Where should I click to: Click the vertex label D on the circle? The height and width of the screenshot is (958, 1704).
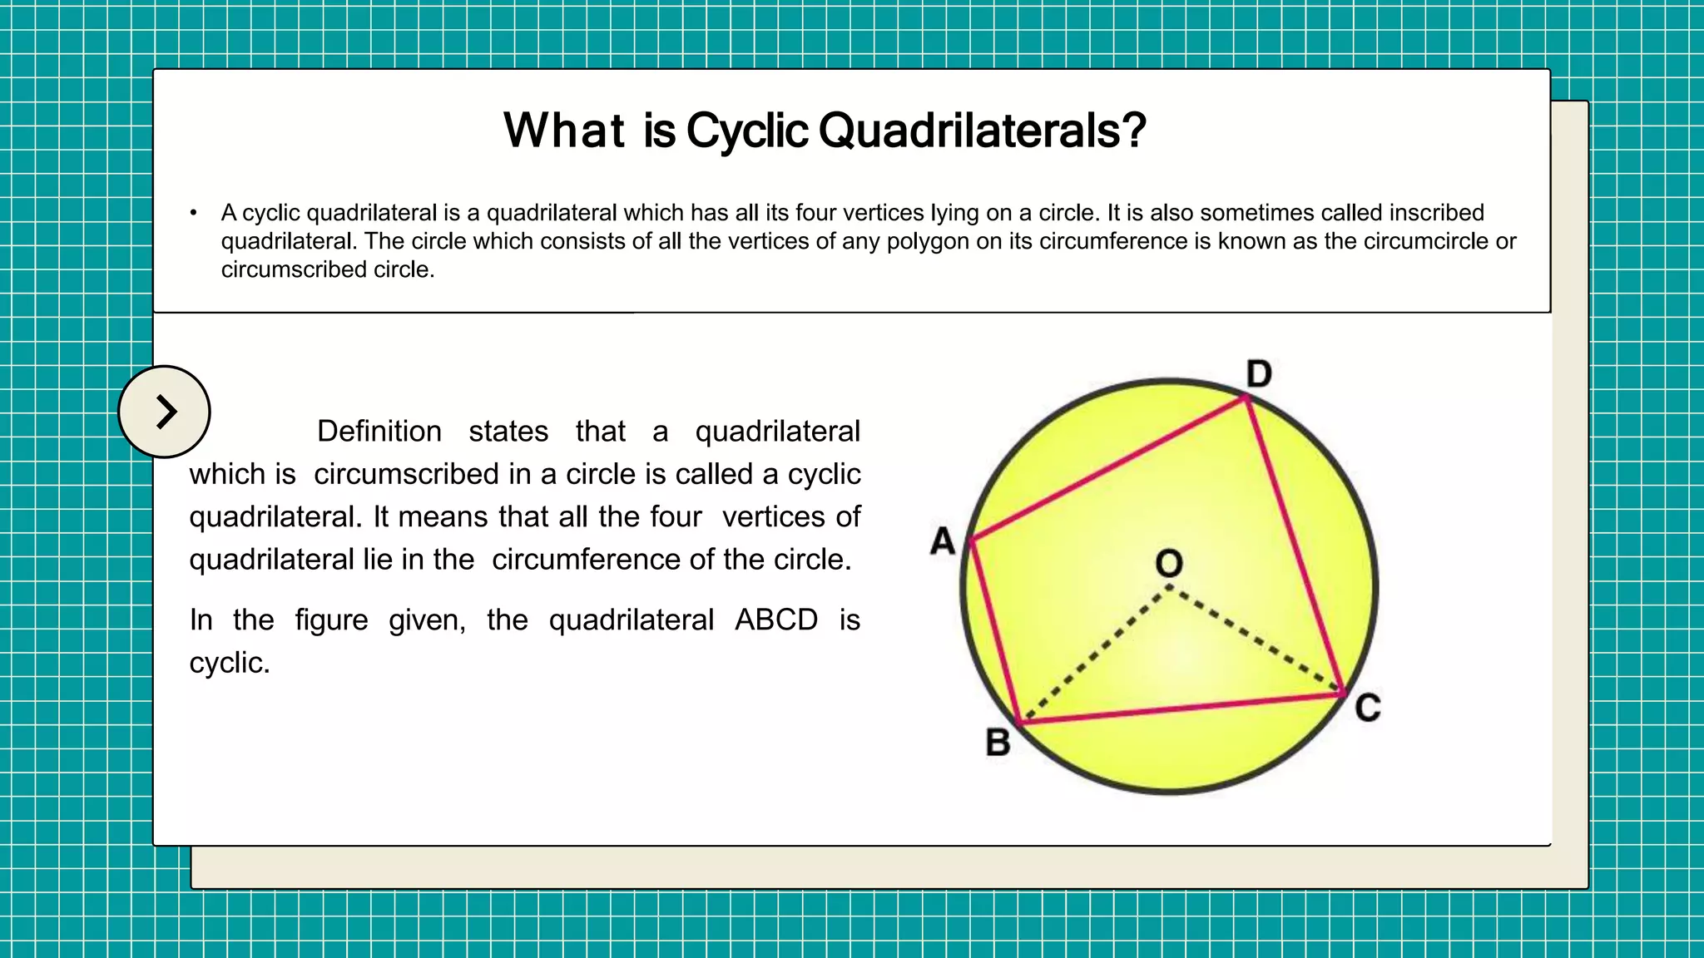pyautogui.click(x=1259, y=374)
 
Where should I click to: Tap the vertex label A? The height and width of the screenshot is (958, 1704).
pyautogui.click(x=943, y=541)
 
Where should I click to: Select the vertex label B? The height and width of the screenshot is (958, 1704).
pyautogui.click(x=998, y=743)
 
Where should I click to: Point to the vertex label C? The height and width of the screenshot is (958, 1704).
pyautogui.click(x=1368, y=709)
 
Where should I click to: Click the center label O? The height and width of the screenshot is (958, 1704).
pyautogui.click(x=1169, y=564)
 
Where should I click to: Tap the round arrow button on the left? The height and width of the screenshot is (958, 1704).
pyautogui.click(x=165, y=412)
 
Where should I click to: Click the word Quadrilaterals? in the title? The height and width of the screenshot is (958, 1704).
pyautogui.click(x=983, y=131)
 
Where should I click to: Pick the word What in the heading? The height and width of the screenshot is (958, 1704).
pyautogui.click(x=564, y=131)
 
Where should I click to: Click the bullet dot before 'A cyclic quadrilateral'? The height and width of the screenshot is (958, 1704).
pyautogui.click(x=194, y=214)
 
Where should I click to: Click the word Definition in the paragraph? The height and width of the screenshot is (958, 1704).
pyautogui.click(x=379, y=432)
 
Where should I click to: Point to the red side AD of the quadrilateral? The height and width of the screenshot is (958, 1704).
pyautogui.click(x=1108, y=470)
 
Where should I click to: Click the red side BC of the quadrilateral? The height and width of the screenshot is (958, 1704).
pyautogui.click(x=1181, y=708)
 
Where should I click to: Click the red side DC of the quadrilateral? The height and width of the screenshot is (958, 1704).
pyautogui.click(x=1295, y=545)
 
